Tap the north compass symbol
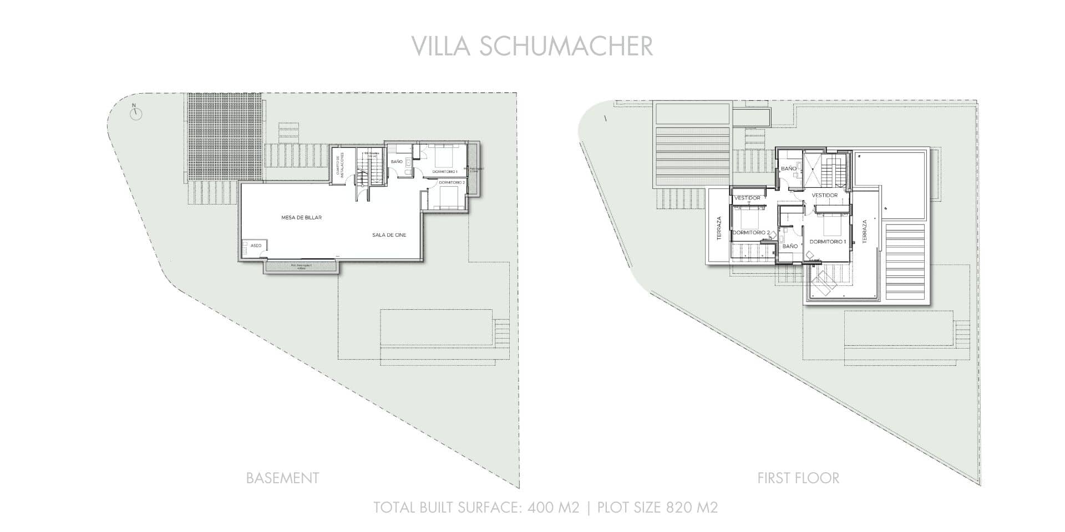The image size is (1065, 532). pyautogui.click(x=136, y=114)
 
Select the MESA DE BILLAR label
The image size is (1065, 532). pyautogui.click(x=301, y=218)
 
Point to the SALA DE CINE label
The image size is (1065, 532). pyautogui.click(x=389, y=235)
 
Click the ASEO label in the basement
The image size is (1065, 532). pyautogui.click(x=256, y=245)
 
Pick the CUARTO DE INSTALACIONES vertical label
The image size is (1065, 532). pyautogui.click(x=339, y=164)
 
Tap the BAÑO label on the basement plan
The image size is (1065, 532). pyautogui.click(x=396, y=161)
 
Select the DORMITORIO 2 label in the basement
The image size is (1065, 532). pyautogui.click(x=451, y=182)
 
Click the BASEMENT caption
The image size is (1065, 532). pyautogui.click(x=282, y=478)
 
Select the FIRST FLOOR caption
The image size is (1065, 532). pyautogui.click(x=798, y=478)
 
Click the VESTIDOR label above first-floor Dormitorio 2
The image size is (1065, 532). pyautogui.click(x=747, y=198)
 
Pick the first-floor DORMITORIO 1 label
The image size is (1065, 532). pyautogui.click(x=828, y=242)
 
